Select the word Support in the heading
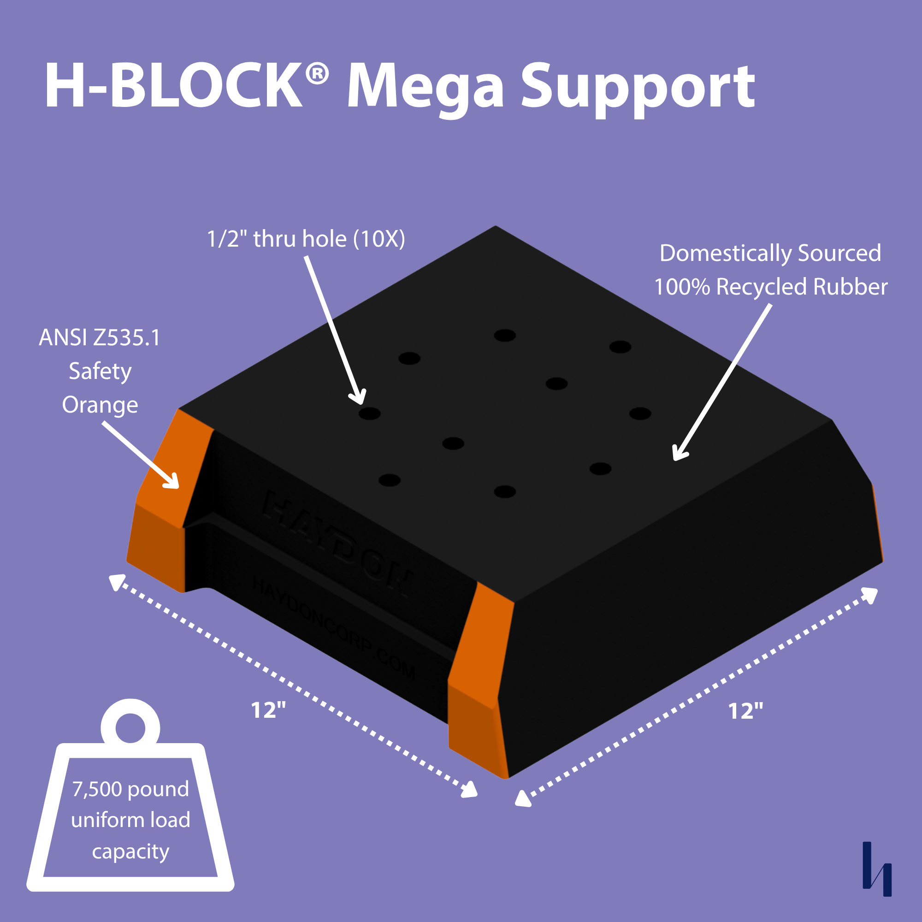[x=638, y=89]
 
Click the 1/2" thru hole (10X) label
[x=306, y=239]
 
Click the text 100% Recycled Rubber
[x=770, y=287]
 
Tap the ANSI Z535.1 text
[x=99, y=338]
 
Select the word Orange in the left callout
[x=100, y=405]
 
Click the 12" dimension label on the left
[x=268, y=710]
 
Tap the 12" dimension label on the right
[x=745, y=711]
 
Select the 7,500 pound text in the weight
[x=130, y=789]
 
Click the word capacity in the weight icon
[x=130, y=851]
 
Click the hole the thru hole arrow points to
[x=369, y=413]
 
